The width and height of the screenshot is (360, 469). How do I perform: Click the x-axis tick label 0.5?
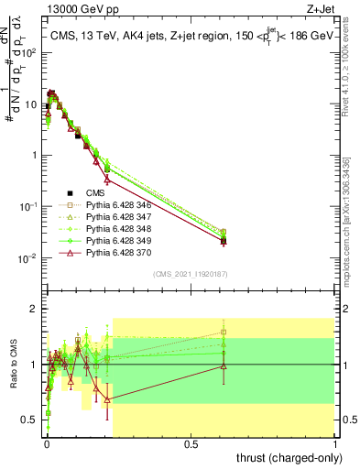click(x=191, y=442)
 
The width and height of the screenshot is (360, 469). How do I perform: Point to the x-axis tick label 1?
click(x=335, y=442)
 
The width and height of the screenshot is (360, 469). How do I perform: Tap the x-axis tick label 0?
click(x=47, y=442)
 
